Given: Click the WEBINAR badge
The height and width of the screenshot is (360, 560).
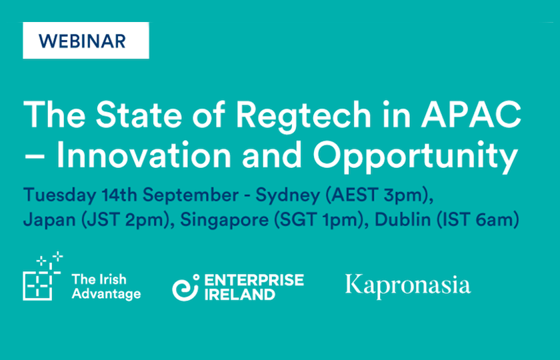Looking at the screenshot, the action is (x=86, y=41).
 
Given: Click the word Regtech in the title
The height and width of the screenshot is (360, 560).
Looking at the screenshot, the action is (x=303, y=117).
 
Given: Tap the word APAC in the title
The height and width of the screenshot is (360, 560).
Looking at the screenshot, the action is (x=471, y=114).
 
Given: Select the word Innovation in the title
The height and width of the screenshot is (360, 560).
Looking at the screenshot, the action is (x=144, y=155).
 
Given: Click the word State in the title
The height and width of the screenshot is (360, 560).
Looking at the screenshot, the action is (x=139, y=114).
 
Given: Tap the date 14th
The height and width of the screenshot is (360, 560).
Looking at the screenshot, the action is (x=120, y=195).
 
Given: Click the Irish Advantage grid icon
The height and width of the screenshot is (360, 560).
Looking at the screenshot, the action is (x=43, y=276).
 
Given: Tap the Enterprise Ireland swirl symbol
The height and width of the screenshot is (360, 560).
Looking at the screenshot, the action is (x=186, y=287).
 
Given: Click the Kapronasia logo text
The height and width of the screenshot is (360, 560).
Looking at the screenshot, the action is (x=408, y=287).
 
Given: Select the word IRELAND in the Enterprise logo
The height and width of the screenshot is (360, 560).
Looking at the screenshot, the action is (x=239, y=294).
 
